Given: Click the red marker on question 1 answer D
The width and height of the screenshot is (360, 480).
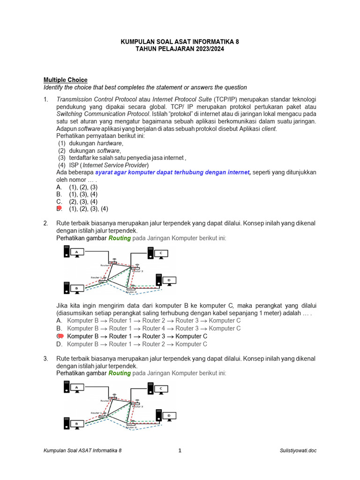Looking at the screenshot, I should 59,209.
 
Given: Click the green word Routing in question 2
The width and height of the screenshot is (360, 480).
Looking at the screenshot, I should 120,238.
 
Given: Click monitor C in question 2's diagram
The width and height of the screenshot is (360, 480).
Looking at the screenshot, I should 160,254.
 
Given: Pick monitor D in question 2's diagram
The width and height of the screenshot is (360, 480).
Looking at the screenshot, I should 168,280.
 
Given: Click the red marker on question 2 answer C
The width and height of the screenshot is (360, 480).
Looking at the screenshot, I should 60,336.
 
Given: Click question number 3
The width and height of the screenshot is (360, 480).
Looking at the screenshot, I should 46,359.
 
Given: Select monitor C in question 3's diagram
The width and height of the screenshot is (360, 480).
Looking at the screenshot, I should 160,389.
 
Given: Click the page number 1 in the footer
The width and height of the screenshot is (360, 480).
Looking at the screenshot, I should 180,450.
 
